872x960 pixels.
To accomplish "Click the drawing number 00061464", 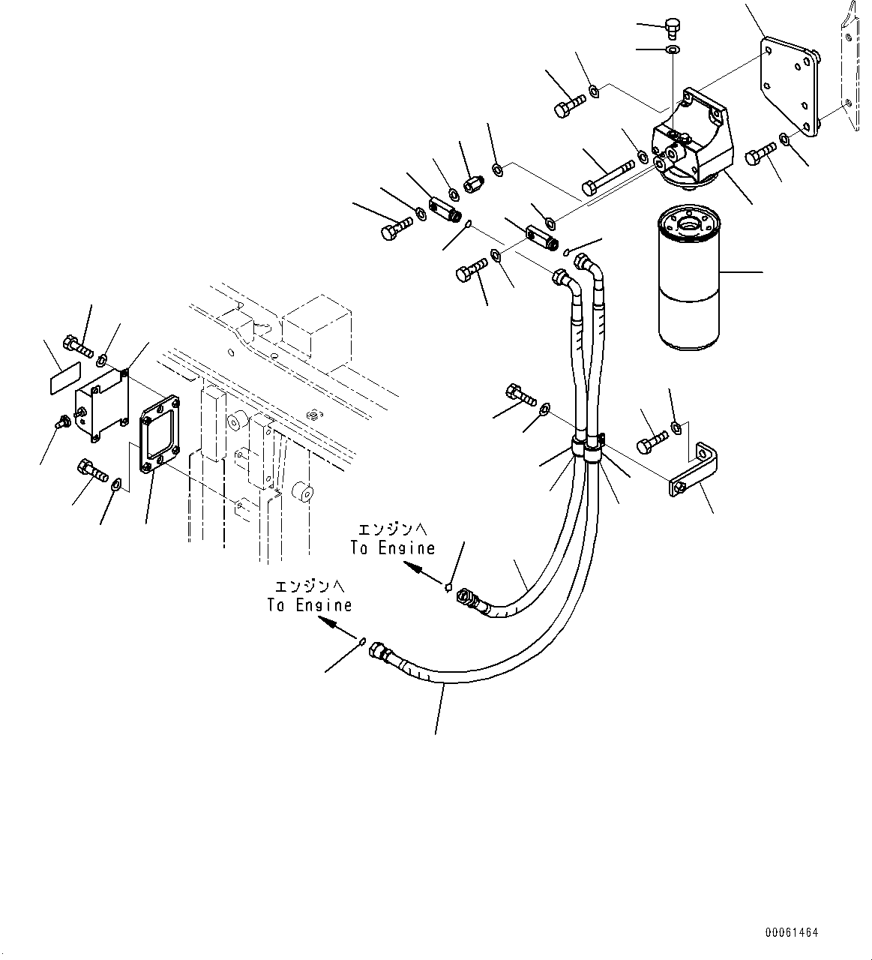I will [791, 932].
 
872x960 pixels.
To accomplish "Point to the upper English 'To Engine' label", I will [392, 548].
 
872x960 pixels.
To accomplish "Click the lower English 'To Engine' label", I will [310, 604].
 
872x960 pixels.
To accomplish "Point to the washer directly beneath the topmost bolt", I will [673, 50].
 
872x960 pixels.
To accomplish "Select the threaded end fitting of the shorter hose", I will [469, 600].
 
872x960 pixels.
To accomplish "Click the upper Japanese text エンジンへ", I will [392, 529].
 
